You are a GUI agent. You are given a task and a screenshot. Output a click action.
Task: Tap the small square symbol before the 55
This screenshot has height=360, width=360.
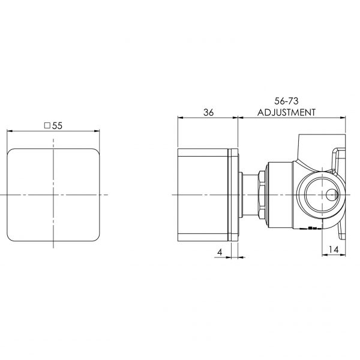[47, 126]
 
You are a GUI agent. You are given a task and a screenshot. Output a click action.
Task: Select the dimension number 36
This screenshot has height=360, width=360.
[209, 112]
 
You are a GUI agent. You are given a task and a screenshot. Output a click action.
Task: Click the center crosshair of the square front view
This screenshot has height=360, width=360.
[53, 195]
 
